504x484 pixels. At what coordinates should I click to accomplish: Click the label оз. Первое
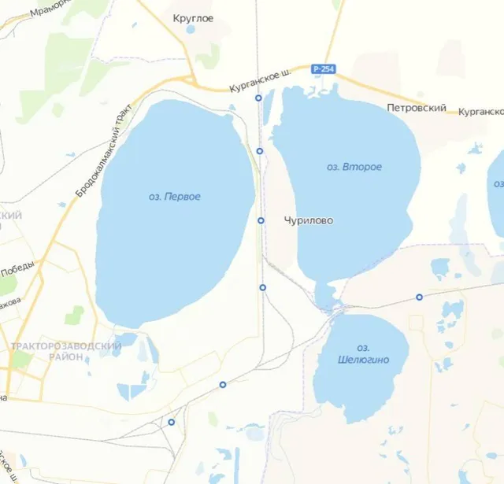point(174,197)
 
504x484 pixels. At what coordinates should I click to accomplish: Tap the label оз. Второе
point(354,168)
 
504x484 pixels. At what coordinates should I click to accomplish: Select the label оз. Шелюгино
point(362,354)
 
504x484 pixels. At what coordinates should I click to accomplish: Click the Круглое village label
point(193,18)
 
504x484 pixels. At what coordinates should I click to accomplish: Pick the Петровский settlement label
point(417,108)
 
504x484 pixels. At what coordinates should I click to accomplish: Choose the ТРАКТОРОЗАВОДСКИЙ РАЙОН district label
point(66,351)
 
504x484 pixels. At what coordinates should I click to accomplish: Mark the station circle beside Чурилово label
point(261,220)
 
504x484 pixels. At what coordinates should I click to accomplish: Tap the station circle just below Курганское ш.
point(258,98)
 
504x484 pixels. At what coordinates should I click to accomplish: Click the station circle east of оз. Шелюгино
point(419,297)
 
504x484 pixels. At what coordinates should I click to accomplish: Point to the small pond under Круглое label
point(191,30)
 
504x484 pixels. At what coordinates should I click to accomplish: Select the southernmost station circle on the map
point(171,422)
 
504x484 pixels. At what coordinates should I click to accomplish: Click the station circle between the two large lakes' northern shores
point(260,150)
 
